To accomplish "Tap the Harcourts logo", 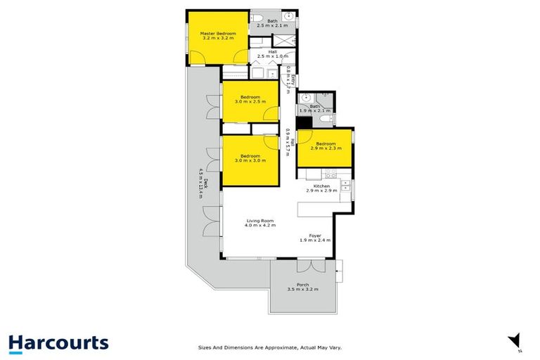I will [58, 343].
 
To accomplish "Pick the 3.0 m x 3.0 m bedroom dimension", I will [250, 160].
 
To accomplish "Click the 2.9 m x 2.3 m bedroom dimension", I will [325, 148].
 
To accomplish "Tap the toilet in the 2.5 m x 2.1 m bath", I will [257, 18].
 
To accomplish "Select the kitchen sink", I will [345, 186].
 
